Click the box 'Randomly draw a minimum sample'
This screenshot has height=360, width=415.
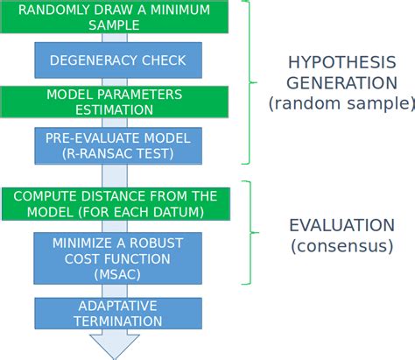click(115, 17)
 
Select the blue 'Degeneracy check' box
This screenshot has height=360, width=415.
click(117, 60)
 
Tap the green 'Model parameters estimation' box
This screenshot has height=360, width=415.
click(115, 102)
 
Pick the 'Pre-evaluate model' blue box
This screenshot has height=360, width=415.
click(117, 145)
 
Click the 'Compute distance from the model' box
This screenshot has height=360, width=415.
click(115, 203)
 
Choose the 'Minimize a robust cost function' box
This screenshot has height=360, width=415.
click(117, 258)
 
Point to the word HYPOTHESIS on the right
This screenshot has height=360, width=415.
click(341, 62)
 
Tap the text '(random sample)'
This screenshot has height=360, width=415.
click(341, 103)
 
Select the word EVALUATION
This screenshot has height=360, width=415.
click(341, 225)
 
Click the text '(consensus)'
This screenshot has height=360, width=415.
click(341, 246)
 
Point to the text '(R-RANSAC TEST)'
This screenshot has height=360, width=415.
click(117, 153)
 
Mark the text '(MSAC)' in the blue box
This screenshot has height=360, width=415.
click(117, 274)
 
